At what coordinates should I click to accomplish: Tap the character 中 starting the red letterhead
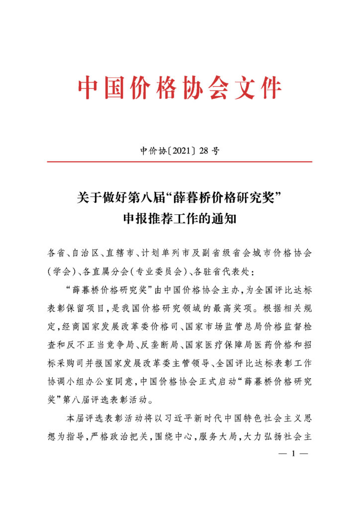89,88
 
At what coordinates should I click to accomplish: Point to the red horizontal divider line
180,162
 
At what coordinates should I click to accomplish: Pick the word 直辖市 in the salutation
121,254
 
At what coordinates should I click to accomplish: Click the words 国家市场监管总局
214,326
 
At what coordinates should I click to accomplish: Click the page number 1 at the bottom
293,453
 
